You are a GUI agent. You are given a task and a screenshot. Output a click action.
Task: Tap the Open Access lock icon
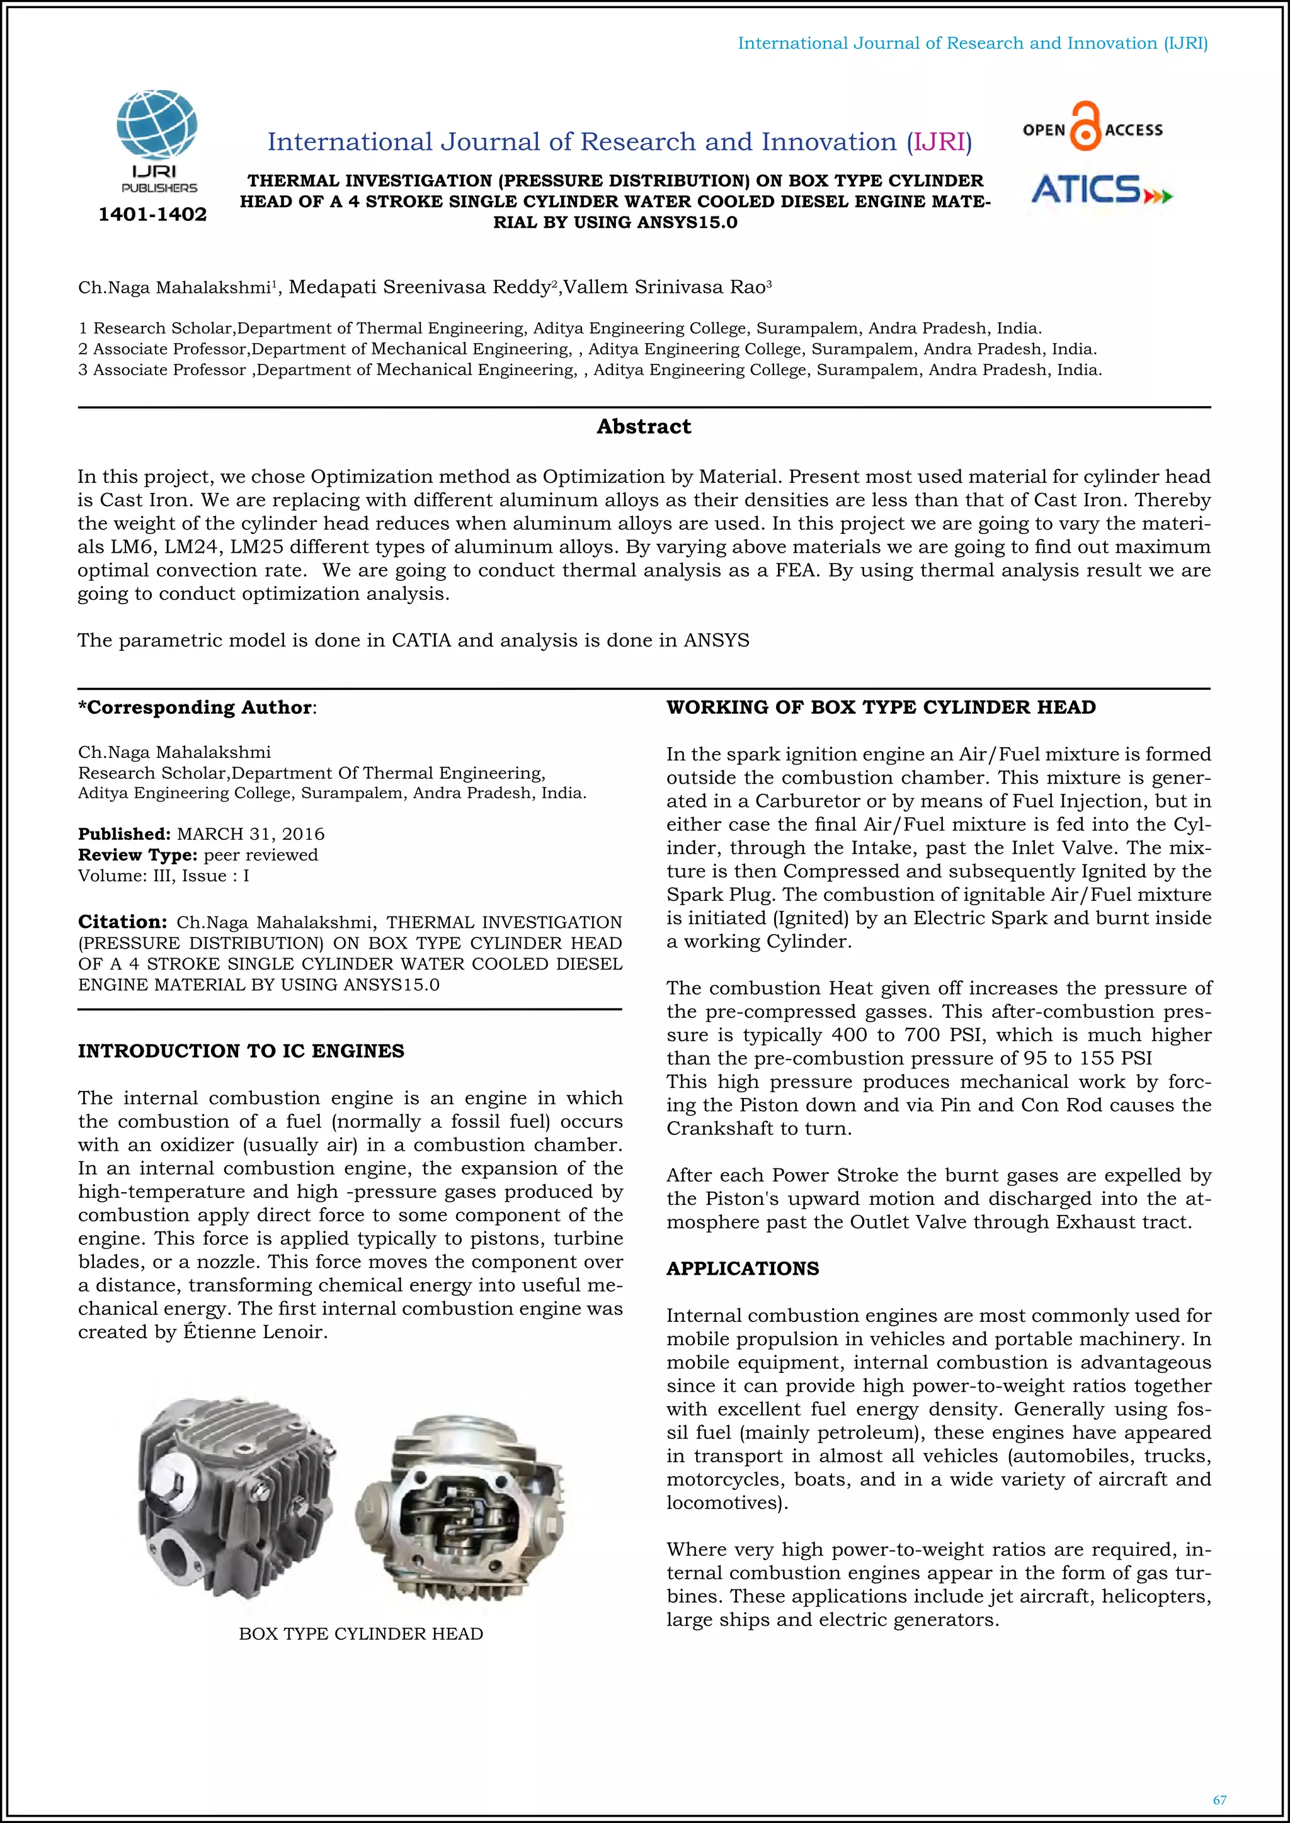point(1085,127)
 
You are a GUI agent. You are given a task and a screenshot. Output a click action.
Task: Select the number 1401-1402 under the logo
point(152,215)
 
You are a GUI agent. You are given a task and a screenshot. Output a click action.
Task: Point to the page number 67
point(1219,1800)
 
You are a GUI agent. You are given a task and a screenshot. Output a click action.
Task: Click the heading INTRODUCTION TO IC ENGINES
point(241,1051)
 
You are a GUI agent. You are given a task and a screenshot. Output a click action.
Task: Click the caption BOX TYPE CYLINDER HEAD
point(361,1634)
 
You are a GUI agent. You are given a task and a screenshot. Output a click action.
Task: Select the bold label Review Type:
point(137,854)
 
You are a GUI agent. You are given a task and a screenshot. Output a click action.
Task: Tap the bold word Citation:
point(122,922)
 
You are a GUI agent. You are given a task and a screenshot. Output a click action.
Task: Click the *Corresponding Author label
point(195,707)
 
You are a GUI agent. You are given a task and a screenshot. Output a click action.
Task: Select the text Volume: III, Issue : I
point(164,875)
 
